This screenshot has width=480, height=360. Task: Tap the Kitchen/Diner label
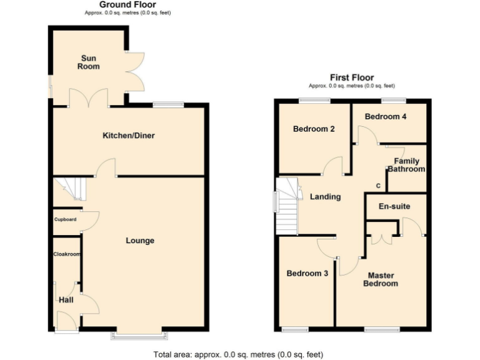pyautogui.click(x=129, y=136)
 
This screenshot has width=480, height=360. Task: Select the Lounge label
pyautogui.click(x=140, y=241)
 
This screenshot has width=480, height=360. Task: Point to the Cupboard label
pyautogui.click(x=65, y=219)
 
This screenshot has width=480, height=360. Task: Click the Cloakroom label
pyautogui.click(x=66, y=254)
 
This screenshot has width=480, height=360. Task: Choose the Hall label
pyautogui.click(x=66, y=300)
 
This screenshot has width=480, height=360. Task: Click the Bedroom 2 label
pyautogui.click(x=314, y=129)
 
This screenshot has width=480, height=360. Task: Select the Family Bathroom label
pyautogui.click(x=406, y=166)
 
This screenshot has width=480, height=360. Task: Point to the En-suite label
pyautogui.click(x=394, y=206)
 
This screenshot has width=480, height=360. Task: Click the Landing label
pyautogui.click(x=326, y=197)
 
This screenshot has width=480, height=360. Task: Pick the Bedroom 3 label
pyautogui.click(x=307, y=273)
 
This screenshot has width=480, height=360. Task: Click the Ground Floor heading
pyautogui.click(x=127, y=5)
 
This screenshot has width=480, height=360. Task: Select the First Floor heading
pyautogui.click(x=352, y=77)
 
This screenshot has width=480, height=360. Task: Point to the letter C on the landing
pyautogui.click(x=377, y=186)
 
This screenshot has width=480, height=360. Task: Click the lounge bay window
pyautogui.click(x=139, y=336)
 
